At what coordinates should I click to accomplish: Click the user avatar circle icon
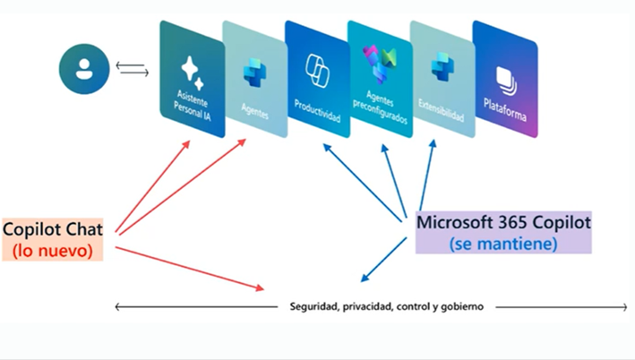click(84, 70)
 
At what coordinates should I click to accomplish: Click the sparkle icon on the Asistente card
click(189, 68)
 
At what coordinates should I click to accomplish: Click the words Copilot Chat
click(53, 231)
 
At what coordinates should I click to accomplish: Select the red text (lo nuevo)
click(53, 251)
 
